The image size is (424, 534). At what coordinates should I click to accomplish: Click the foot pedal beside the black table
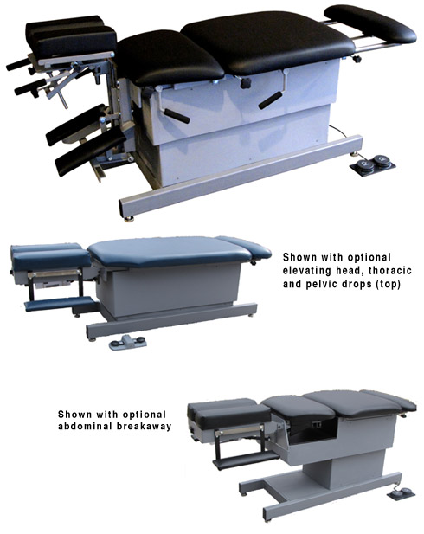[x=373, y=164]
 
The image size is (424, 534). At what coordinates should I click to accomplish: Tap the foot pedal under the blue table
[x=127, y=342]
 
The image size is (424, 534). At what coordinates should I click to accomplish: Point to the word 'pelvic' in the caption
[x=322, y=284]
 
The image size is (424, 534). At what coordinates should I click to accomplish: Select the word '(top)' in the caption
[x=388, y=284]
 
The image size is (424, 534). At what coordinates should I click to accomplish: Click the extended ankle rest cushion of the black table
[x=369, y=23]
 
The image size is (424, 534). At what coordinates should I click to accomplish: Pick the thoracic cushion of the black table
[x=170, y=57]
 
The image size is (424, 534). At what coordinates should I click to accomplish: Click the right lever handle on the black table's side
[x=270, y=100]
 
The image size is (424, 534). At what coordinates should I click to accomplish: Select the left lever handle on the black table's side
[x=177, y=116]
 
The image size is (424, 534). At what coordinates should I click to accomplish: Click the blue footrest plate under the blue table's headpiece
[x=61, y=304]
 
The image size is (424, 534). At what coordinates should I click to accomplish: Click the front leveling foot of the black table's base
[x=129, y=219]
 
